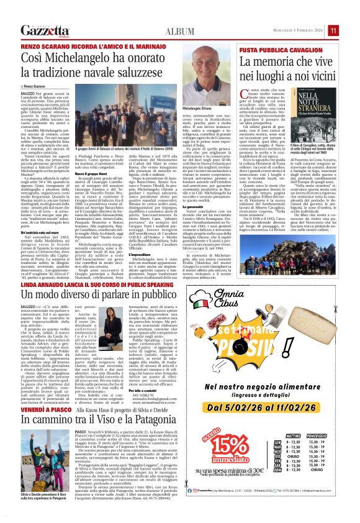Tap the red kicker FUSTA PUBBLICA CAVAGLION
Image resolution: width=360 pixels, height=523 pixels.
(278, 49)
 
